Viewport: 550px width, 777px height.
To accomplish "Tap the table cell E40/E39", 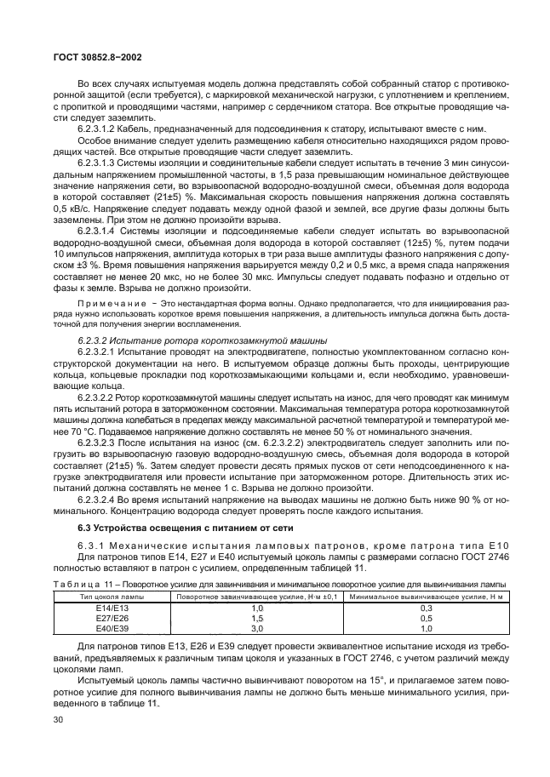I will click(108, 628).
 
